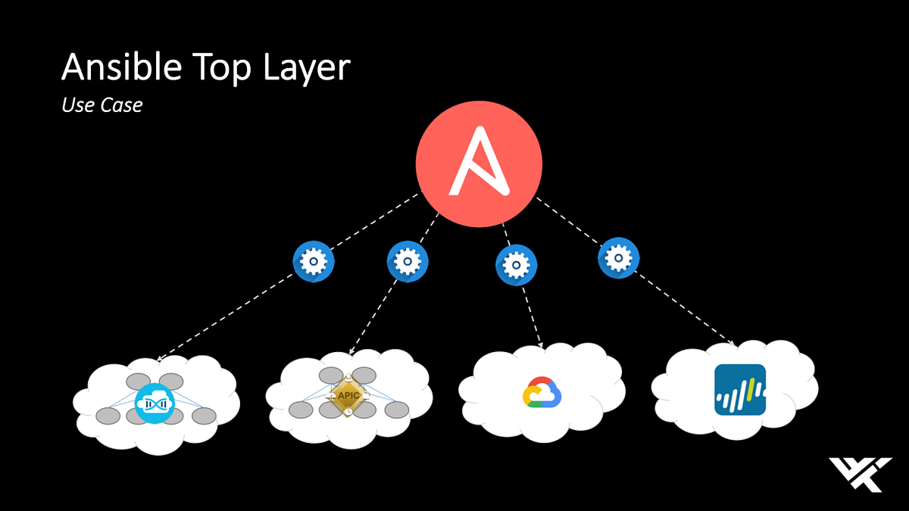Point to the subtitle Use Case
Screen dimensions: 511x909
coord(102,105)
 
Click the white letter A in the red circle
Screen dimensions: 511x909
coord(479,162)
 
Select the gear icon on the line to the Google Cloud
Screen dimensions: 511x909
coord(517,265)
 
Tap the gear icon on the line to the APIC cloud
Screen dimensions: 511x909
coord(408,261)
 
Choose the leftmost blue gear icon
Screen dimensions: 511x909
coord(314,261)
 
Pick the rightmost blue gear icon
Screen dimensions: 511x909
coord(618,258)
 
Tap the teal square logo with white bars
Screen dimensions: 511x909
coord(739,390)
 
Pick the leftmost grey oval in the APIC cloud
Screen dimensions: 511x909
coord(301,410)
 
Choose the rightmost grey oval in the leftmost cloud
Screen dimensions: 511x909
coord(203,415)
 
